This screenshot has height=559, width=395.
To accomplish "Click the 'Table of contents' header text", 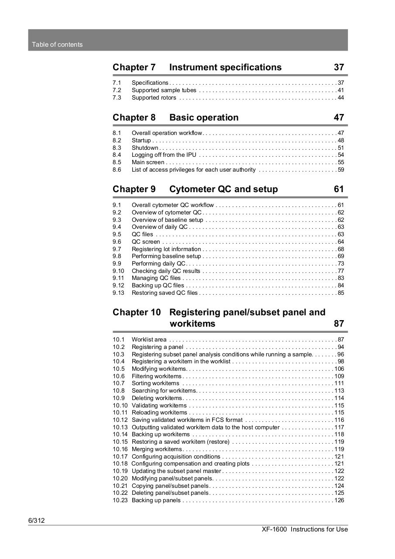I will pyautogui.click(x=57, y=45).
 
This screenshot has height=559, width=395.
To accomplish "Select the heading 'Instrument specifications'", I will pyautogui.click(x=225, y=67).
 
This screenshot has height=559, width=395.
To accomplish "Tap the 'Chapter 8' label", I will pyautogui.click(x=134, y=117).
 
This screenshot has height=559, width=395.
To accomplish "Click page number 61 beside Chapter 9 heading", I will pyautogui.click(x=339, y=189).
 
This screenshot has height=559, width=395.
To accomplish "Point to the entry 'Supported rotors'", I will pyautogui.click(x=154, y=97).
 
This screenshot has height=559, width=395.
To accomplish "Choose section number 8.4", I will pyautogui.click(x=117, y=155).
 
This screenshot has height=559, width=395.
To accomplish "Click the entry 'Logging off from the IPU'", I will pyautogui.click(x=164, y=155).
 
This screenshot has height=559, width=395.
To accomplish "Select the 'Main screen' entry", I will pyautogui.click(x=148, y=162).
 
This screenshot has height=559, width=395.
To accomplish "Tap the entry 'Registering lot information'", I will pyautogui.click(x=166, y=249).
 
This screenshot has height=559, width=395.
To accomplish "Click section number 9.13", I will pyautogui.click(x=118, y=293).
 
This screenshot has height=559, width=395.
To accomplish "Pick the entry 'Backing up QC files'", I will pyautogui.click(x=158, y=286).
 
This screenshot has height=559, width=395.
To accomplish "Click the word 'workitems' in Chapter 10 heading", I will pyautogui.click(x=192, y=324).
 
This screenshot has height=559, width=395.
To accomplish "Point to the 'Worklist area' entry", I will pyautogui.click(x=149, y=340).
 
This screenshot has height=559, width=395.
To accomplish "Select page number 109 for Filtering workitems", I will pyautogui.click(x=339, y=376).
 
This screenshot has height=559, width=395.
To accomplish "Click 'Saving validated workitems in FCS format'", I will pyautogui.click(x=187, y=420).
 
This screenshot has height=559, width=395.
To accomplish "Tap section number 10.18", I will pyautogui.click(x=120, y=464).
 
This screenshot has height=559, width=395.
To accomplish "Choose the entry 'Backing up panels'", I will pyautogui.click(x=156, y=500).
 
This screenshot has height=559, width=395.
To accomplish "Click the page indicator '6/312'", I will pyautogui.click(x=37, y=521).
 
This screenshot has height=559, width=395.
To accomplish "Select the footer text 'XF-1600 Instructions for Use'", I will pyautogui.click(x=305, y=529).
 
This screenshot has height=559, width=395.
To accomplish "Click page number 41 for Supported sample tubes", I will pyautogui.click(x=341, y=90).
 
